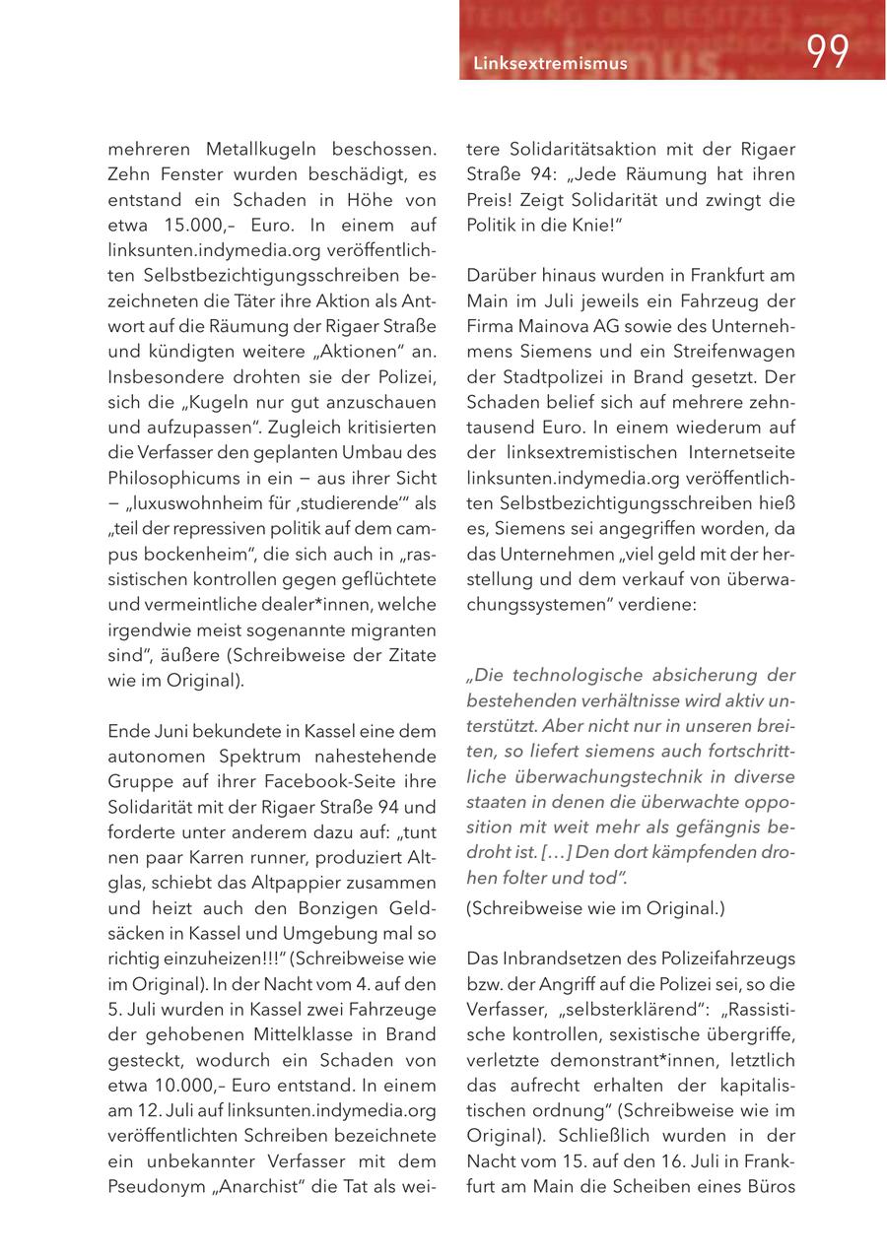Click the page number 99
pos(828,52)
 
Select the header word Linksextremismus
pos(550,64)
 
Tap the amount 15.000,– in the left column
pos(206,225)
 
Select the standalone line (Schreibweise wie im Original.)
pos(594,908)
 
